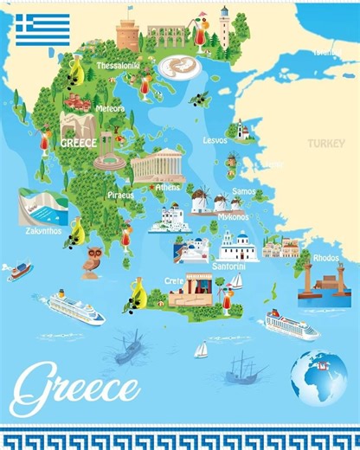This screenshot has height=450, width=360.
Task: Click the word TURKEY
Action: coord(325,143)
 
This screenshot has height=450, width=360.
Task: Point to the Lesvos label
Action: coord(215,139)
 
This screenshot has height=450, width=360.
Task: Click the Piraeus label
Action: coord(121,196)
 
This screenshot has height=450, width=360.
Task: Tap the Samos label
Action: coord(244,191)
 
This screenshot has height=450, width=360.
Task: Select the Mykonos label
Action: coord(233,216)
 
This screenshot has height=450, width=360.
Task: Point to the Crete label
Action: coord(176,282)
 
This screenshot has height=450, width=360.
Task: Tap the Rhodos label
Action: coord(326,257)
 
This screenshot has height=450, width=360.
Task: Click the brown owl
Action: coord(91,259)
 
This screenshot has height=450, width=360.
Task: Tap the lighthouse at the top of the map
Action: coord(224,27)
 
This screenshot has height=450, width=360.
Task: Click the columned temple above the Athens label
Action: coord(157,165)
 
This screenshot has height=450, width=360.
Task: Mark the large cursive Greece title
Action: coord(76,382)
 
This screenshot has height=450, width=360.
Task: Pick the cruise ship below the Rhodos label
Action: coord(291,325)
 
